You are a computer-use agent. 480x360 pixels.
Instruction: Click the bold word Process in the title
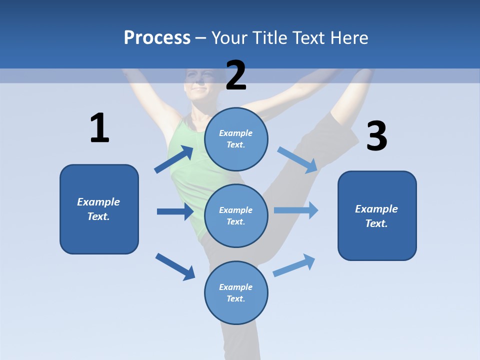click(157, 37)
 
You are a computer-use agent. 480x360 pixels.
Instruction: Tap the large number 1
click(99, 128)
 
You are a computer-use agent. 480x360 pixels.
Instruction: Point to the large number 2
click(236, 75)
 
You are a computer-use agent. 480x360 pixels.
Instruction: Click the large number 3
click(376, 136)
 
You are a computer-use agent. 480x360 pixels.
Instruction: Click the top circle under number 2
click(236, 139)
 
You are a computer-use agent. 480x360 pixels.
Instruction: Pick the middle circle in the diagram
click(236, 215)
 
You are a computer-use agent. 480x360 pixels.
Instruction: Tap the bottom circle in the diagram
click(236, 292)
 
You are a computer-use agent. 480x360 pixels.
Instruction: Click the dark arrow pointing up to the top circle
click(174, 159)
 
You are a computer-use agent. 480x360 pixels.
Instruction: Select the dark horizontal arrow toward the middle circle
click(175, 211)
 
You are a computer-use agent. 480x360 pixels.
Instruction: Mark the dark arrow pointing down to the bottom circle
click(175, 266)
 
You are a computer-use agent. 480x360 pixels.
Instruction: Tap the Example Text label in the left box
click(98, 209)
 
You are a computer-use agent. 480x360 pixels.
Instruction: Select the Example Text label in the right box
click(376, 216)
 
